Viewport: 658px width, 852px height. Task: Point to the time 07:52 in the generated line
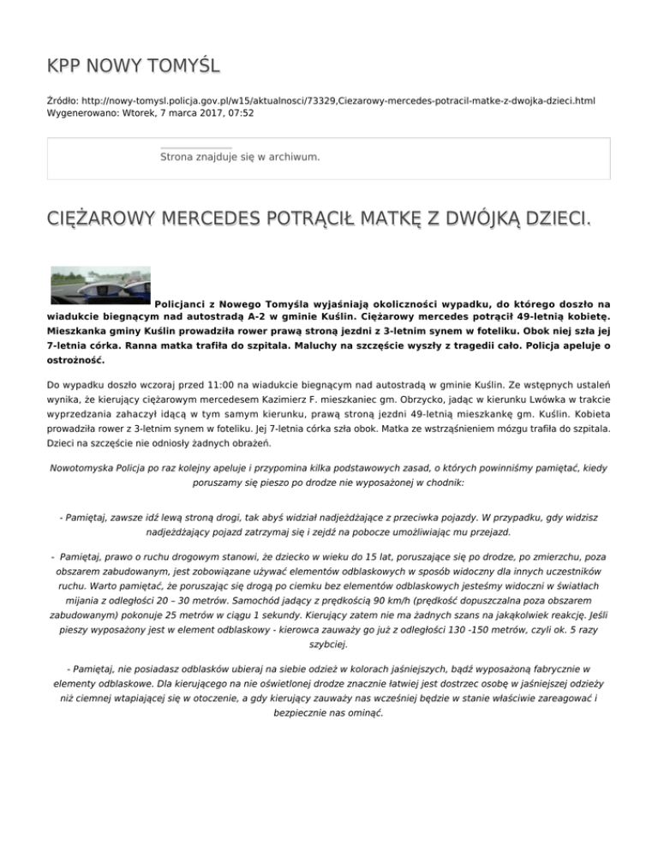tap(239, 112)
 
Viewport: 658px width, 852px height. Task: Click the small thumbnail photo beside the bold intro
tap(100, 285)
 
